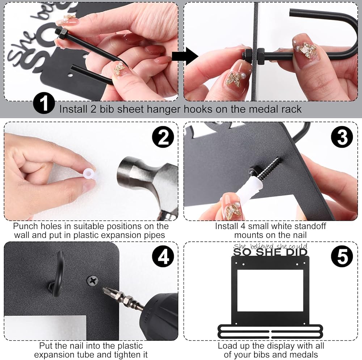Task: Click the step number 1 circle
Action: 44,103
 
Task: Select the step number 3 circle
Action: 342,137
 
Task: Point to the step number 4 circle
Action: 163,257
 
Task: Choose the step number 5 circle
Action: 342,257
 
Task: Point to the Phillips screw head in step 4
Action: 92,281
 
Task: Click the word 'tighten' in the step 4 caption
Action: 122,355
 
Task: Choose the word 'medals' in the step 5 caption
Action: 304,355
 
